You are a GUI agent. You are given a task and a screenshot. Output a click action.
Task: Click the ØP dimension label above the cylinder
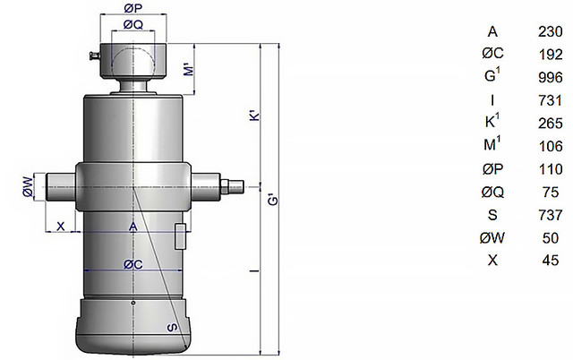[133, 9]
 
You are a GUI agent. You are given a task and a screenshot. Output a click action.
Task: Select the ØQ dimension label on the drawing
[133, 24]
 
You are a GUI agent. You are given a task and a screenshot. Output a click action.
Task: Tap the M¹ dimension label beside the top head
[189, 69]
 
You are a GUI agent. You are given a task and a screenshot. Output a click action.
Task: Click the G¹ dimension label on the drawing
[273, 200]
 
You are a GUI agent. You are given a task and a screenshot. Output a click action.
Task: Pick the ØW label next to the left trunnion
[29, 187]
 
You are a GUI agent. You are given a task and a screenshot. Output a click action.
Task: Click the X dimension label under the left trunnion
[61, 227]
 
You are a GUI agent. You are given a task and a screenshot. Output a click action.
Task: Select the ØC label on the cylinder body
[133, 264]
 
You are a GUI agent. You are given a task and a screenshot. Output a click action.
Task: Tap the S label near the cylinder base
[172, 327]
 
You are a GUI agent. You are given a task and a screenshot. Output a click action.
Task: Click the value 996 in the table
[551, 78]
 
